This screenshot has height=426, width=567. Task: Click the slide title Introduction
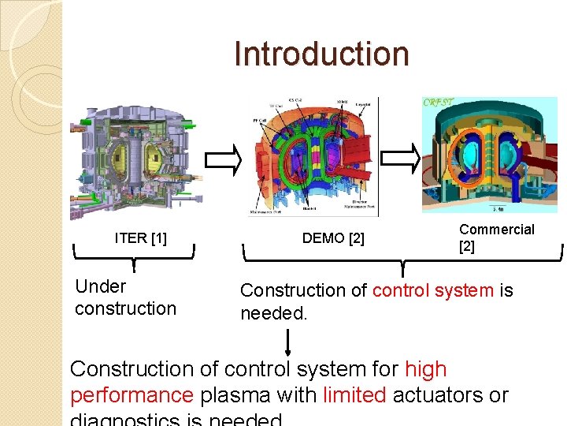tap(321, 54)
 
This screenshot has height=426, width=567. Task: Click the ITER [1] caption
tap(140, 237)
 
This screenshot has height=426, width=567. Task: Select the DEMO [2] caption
tap(333, 237)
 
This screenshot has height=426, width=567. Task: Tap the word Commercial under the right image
tap(496, 230)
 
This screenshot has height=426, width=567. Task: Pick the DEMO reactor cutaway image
tap(313, 156)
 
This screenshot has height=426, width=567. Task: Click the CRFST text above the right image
tap(438, 103)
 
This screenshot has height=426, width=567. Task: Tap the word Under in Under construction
tap(101, 286)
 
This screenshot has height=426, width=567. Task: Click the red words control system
tap(432, 290)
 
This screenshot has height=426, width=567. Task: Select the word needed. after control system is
tap(273, 313)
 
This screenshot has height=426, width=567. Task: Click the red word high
tap(425, 368)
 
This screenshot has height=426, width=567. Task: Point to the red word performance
tap(132, 394)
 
